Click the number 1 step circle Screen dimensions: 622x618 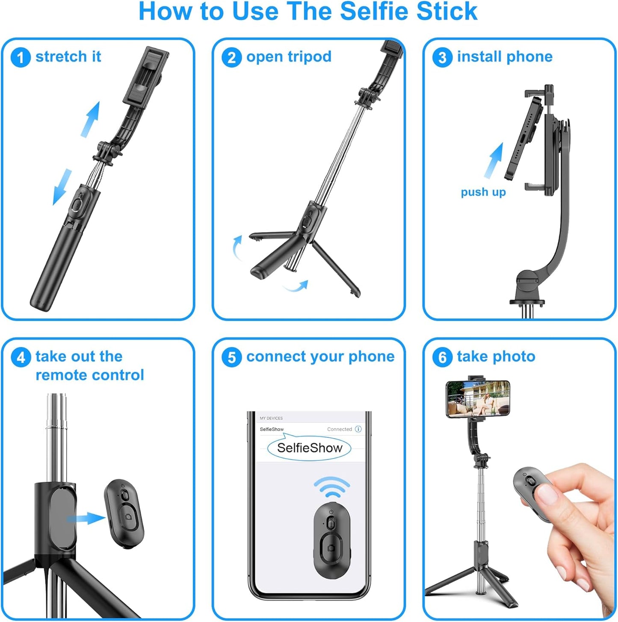click(21, 58)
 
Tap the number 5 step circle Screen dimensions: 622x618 click(231, 357)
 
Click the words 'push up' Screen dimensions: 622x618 click(483, 192)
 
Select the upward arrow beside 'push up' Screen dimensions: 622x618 click(494, 160)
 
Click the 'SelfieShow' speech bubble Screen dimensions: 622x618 click(309, 448)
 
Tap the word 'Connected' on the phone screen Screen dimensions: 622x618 click(339, 429)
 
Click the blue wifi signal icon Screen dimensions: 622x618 click(332, 487)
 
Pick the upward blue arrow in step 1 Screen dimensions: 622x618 click(91, 119)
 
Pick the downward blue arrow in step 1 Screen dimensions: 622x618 click(62, 187)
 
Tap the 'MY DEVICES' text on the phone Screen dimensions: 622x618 click(271, 418)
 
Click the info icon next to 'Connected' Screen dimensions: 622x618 click(358, 429)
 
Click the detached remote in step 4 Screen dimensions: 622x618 click(124, 513)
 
